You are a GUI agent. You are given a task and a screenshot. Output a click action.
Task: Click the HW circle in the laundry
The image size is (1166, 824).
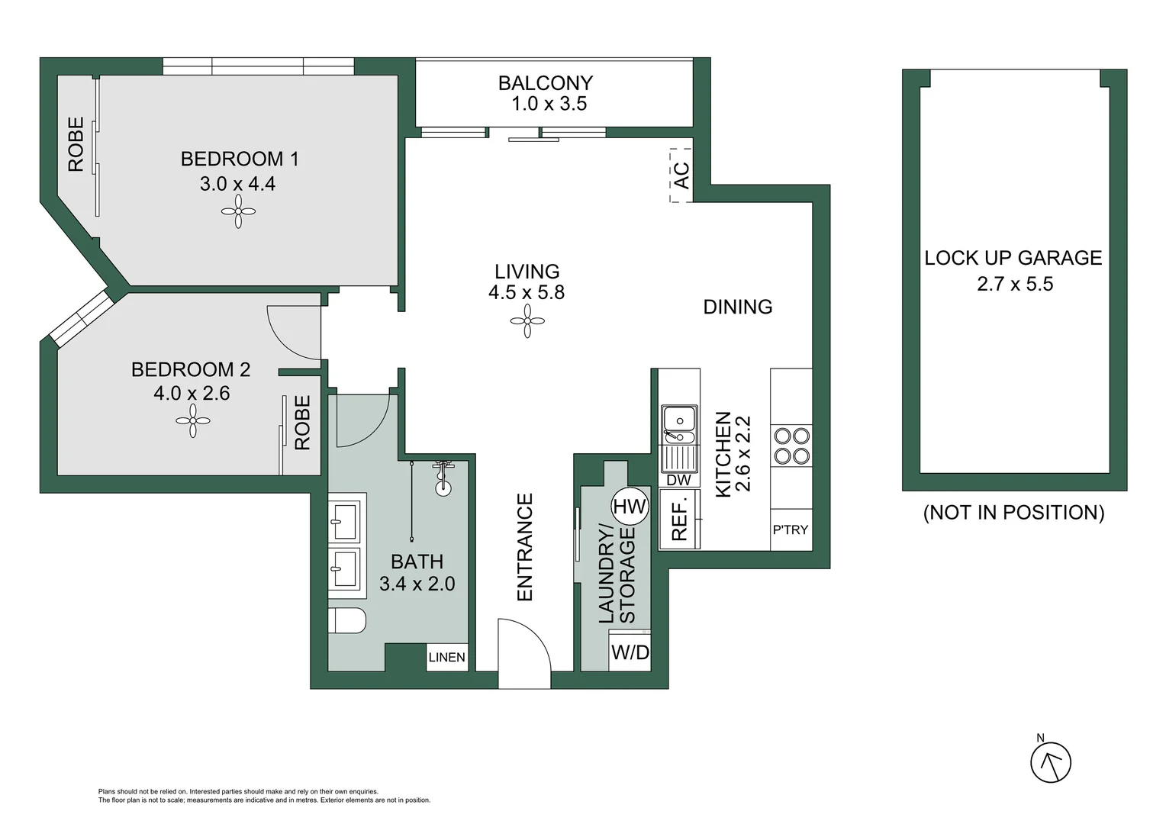tap(630, 506)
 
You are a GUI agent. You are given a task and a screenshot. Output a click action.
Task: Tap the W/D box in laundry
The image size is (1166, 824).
tap(630, 652)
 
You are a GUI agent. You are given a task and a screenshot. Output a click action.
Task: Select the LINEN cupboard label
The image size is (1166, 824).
tap(446, 657)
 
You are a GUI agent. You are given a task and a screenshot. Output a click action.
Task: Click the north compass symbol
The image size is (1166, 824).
tap(1051, 762)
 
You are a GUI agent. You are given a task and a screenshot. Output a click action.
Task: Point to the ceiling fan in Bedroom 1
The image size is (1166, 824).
tap(238, 211)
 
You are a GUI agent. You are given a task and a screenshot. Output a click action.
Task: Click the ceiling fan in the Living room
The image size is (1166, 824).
tap(527, 321)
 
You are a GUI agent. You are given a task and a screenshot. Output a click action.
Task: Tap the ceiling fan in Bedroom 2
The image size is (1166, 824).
tap(193, 420)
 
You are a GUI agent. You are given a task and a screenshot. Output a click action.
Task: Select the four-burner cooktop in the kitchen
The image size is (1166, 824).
tap(791, 446)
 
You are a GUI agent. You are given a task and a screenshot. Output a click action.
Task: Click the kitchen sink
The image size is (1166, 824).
tap(678, 425)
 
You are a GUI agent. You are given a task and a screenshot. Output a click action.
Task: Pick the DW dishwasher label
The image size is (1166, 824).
tap(678, 480)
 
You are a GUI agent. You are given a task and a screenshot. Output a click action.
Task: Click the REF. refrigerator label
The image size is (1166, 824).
tap(679, 520)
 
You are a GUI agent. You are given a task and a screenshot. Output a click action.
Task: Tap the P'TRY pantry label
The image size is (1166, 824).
tap(791, 529)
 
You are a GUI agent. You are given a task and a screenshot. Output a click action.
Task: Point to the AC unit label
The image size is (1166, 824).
tap(681, 175)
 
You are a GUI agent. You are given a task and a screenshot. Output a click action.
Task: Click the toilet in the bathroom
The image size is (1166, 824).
tap(347, 620)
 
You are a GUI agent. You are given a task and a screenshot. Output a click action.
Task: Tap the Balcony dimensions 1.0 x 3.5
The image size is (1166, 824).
tap(549, 104)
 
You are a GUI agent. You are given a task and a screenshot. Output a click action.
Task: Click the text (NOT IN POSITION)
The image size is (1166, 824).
tap(1013, 513)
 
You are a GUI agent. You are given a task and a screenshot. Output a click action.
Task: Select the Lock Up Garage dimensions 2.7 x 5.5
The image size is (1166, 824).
tap(1014, 284)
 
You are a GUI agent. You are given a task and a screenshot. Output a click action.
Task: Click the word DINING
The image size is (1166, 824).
tap(737, 307)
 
